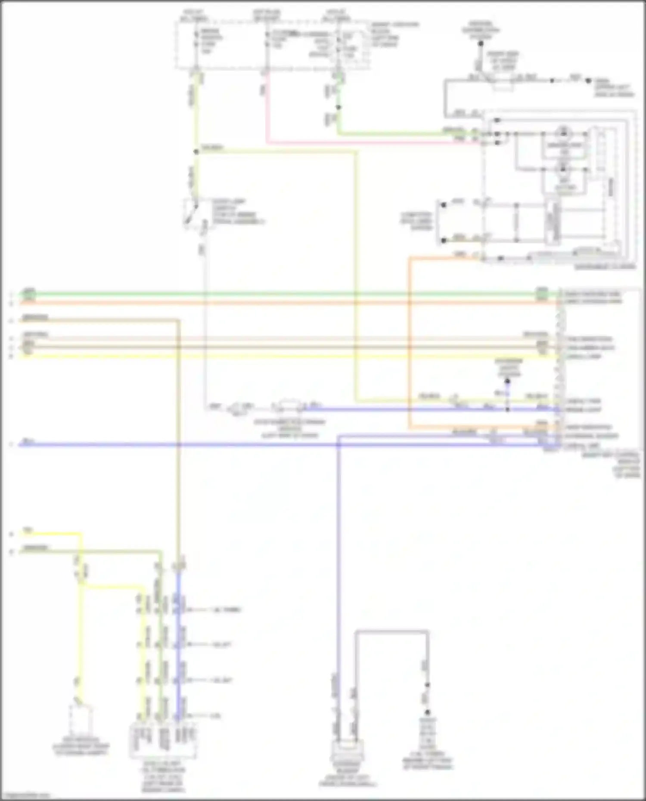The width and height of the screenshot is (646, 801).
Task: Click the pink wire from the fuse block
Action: coord(267,112)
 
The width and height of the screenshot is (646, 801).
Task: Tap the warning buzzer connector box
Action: coord(347,751)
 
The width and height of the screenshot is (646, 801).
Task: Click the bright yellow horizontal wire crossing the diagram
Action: coord(280,356)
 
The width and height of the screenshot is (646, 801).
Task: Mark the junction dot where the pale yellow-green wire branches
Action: coord(196,152)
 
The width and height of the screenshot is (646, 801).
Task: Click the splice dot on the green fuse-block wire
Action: coord(339,107)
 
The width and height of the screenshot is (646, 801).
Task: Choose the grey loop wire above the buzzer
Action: coord(392,631)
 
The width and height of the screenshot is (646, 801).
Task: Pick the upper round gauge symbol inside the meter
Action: coord(563,133)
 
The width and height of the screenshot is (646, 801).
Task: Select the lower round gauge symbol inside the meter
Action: coord(563,169)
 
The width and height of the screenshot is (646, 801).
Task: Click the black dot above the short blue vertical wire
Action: coord(507,381)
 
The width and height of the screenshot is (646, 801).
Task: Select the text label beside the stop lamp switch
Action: coord(235,211)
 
